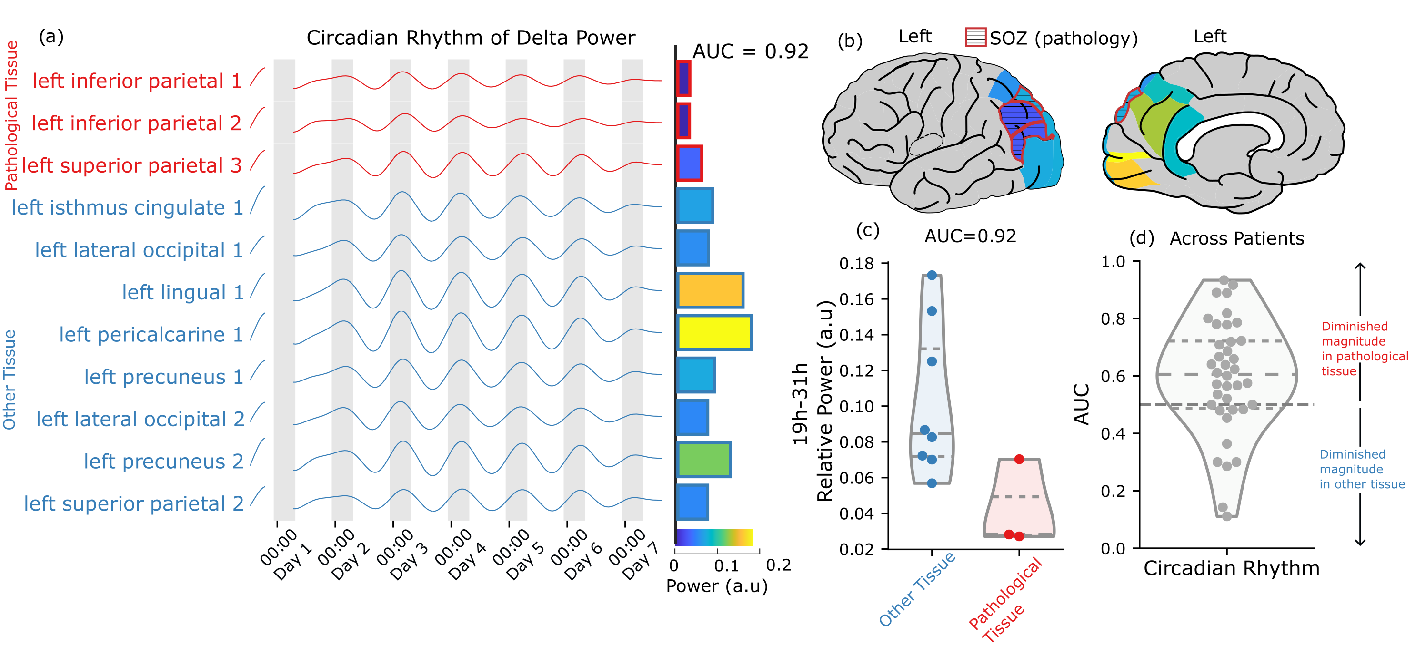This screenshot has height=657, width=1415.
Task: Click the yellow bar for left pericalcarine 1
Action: coord(714,333)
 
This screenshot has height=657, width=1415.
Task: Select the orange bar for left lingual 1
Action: coord(710,290)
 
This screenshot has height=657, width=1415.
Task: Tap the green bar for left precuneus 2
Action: coord(703,460)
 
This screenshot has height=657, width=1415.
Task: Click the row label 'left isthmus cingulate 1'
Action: coord(128,208)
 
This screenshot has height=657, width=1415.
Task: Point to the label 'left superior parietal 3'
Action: coord(132,165)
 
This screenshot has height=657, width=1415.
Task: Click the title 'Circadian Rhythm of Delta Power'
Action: coord(471,38)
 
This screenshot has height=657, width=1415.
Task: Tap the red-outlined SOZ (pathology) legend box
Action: coord(975,37)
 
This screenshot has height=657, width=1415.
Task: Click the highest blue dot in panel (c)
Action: coord(932,275)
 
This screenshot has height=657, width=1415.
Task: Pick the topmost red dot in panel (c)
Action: coord(1019,459)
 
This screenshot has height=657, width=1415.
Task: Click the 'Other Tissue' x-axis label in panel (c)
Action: coord(917,589)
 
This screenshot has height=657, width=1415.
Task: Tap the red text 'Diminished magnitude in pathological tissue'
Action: coord(1364,349)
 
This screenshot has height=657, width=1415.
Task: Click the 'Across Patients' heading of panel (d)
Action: coord(1236,238)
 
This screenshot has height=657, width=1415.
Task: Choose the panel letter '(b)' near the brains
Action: coord(850,41)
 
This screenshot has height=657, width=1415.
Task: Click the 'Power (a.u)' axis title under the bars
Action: coord(717,586)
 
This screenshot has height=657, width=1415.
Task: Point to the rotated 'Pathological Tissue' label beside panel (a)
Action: coord(11,115)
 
